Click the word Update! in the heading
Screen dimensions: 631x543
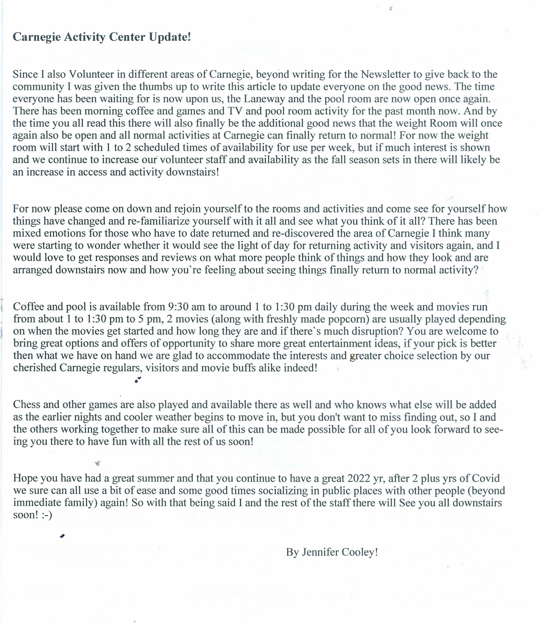click(x=170, y=37)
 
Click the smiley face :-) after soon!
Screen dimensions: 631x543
click(x=47, y=515)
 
